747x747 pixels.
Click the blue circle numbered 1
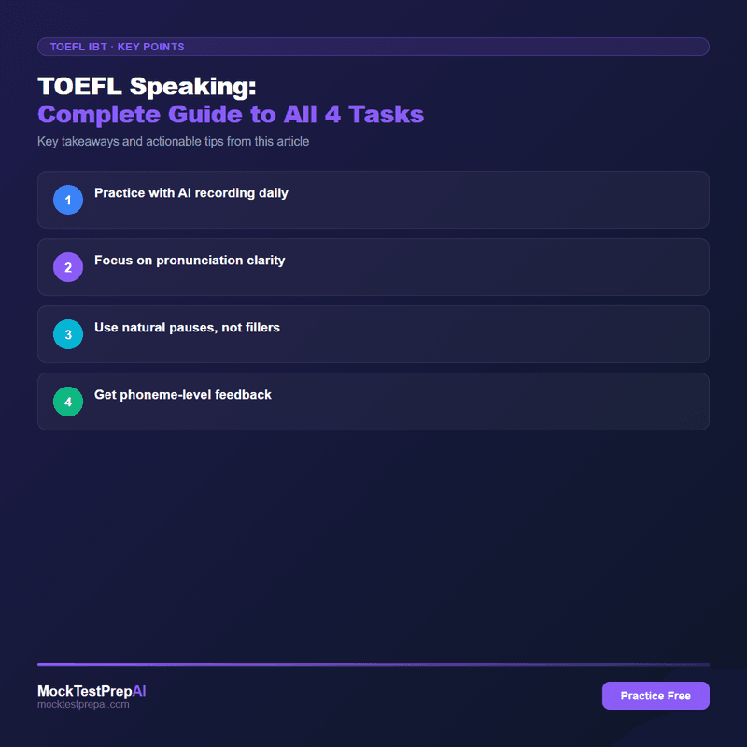[x=67, y=200]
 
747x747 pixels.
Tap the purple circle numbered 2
[x=67, y=267]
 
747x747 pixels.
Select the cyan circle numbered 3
[x=67, y=334]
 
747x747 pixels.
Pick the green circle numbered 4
[x=67, y=402]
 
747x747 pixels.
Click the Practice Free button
[x=655, y=696]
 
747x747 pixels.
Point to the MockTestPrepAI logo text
[x=92, y=691]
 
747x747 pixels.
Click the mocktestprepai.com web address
[x=83, y=705]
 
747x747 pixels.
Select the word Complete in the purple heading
[x=91, y=115]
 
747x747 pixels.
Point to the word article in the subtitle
[x=289, y=142]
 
